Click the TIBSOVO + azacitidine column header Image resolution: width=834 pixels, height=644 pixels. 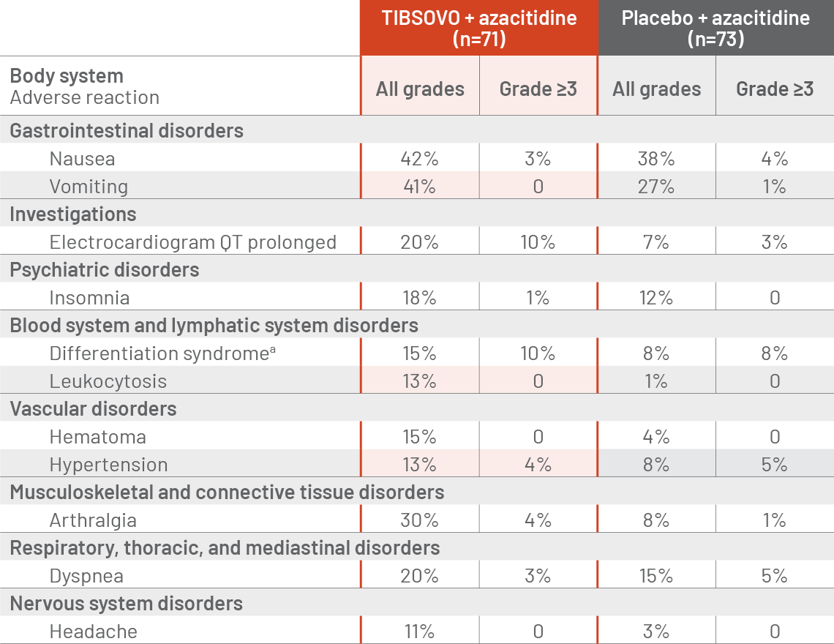478,27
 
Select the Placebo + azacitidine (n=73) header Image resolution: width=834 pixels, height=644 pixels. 715,27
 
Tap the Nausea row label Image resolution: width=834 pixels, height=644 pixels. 82,159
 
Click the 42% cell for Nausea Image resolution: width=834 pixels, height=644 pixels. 419,159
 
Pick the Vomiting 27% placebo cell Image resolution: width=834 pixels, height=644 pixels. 656,187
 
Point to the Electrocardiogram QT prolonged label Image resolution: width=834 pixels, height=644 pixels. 192,242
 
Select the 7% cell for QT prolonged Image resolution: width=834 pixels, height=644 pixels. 656,242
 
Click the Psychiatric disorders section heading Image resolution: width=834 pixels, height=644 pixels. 105,269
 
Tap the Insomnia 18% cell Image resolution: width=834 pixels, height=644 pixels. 419,298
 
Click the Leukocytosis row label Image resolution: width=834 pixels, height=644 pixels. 108,381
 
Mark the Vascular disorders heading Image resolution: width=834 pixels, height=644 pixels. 93,408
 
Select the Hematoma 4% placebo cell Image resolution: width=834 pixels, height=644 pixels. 656,437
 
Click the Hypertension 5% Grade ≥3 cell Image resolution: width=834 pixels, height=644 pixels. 774,465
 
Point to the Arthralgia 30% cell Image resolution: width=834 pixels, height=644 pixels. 419,520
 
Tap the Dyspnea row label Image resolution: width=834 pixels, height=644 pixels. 86,576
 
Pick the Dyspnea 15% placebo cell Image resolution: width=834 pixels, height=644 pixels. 656,576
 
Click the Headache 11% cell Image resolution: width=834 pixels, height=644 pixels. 419,632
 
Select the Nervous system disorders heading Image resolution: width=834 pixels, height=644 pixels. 126,604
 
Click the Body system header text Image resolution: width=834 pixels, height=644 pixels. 67,76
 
